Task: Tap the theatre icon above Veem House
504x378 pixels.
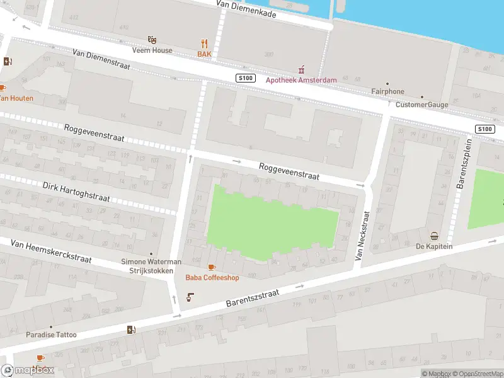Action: (x=152, y=40)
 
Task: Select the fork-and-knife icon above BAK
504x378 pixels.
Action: (x=203, y=43)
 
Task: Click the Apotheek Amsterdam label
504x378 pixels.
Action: (x=301, y=80)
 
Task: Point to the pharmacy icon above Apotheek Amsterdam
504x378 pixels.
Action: (x=301, y=69)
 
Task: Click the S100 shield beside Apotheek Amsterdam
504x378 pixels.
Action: (x=245, y=77)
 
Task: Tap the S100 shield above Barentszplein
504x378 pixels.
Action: (x=484, y=129)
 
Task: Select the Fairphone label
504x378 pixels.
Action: (x=387, y=91)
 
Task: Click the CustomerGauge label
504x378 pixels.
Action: (x=421, y=105)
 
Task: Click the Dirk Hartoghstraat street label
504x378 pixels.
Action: (x=76, y=192)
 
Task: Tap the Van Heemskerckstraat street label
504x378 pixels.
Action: (x=51, y=251)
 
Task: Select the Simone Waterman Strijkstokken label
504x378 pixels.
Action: (x=151, y=266)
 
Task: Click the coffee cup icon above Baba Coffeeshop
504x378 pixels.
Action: (x=211, y=267)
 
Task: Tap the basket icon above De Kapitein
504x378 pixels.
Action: (x=434, y=236)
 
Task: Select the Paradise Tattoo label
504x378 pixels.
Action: (x=51, y=335)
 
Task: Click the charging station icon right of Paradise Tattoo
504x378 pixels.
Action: (x=131, y=329)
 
